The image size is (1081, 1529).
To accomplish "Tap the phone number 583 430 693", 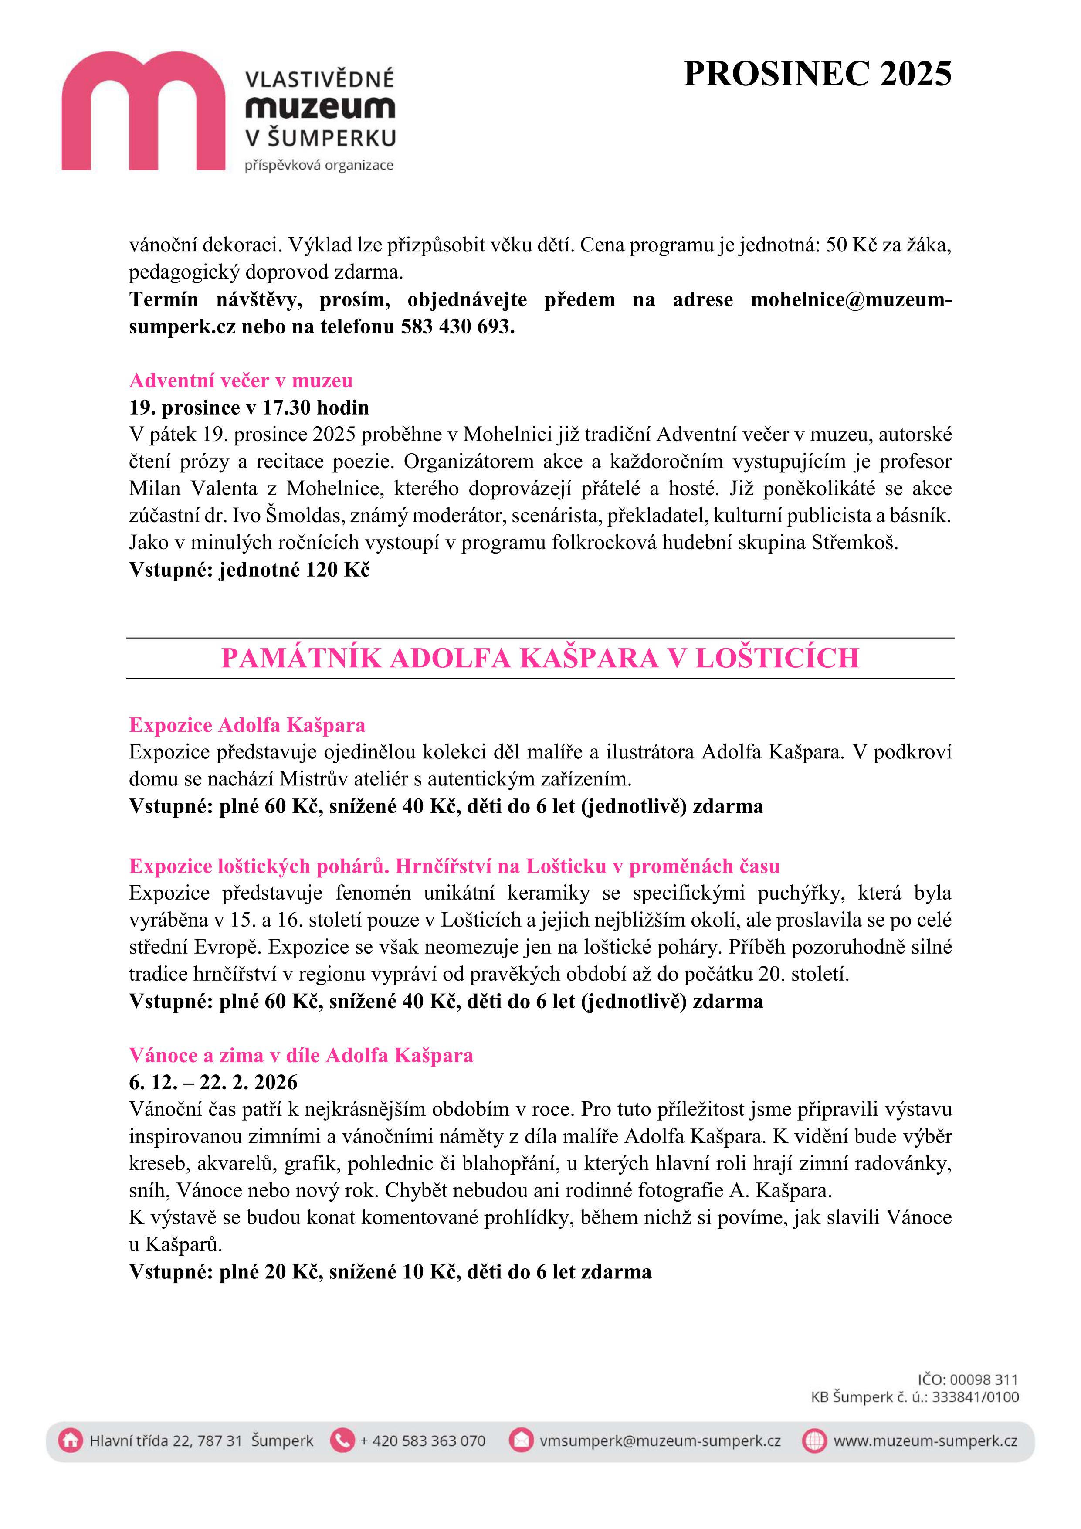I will [x=457, y=327].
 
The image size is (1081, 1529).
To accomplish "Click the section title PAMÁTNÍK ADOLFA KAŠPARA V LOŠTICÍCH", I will [x=540, y=658].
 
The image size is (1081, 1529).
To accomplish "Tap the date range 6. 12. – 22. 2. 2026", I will [x=213, y=1082].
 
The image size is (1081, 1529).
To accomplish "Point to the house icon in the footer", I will [x=70, y=1441].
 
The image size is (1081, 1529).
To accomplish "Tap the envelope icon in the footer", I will [x=521, y=1441].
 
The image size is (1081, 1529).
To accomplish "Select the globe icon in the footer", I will [x=814, y=1441].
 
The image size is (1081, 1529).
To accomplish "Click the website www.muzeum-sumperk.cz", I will [x=925, y=1441].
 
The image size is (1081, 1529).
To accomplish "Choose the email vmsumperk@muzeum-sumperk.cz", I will [x=660, y=1441].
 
